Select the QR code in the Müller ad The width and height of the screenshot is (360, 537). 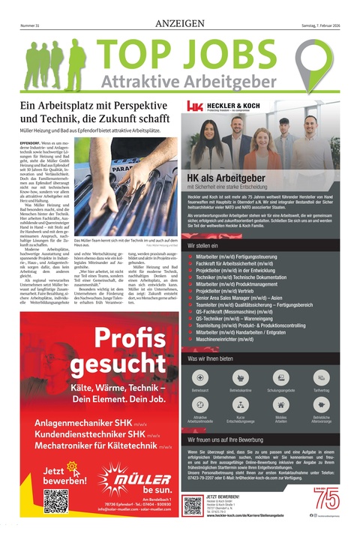click(x=56, y=501)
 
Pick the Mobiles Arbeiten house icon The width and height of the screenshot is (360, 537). click(x=281, y=404)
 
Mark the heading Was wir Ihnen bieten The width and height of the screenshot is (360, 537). click(x=213, y=358)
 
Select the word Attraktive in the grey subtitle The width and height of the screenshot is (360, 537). click(x=139, y=82)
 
